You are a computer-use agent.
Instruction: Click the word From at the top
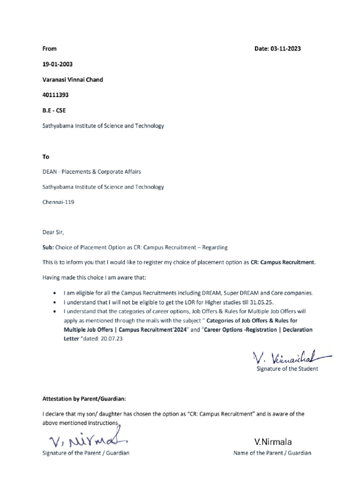tap(49, 49)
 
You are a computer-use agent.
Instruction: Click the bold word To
tap(45, 157)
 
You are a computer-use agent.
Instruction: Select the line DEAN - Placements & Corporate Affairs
tap(91, 172)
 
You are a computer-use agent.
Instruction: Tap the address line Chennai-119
tap(59, 202)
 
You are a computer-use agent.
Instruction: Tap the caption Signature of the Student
tap(287, 369)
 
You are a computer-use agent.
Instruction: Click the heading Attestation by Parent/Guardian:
tap(84, 399)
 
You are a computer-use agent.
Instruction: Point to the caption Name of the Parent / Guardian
tap(272, 453)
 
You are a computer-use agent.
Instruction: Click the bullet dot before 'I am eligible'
tap(56, 293)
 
